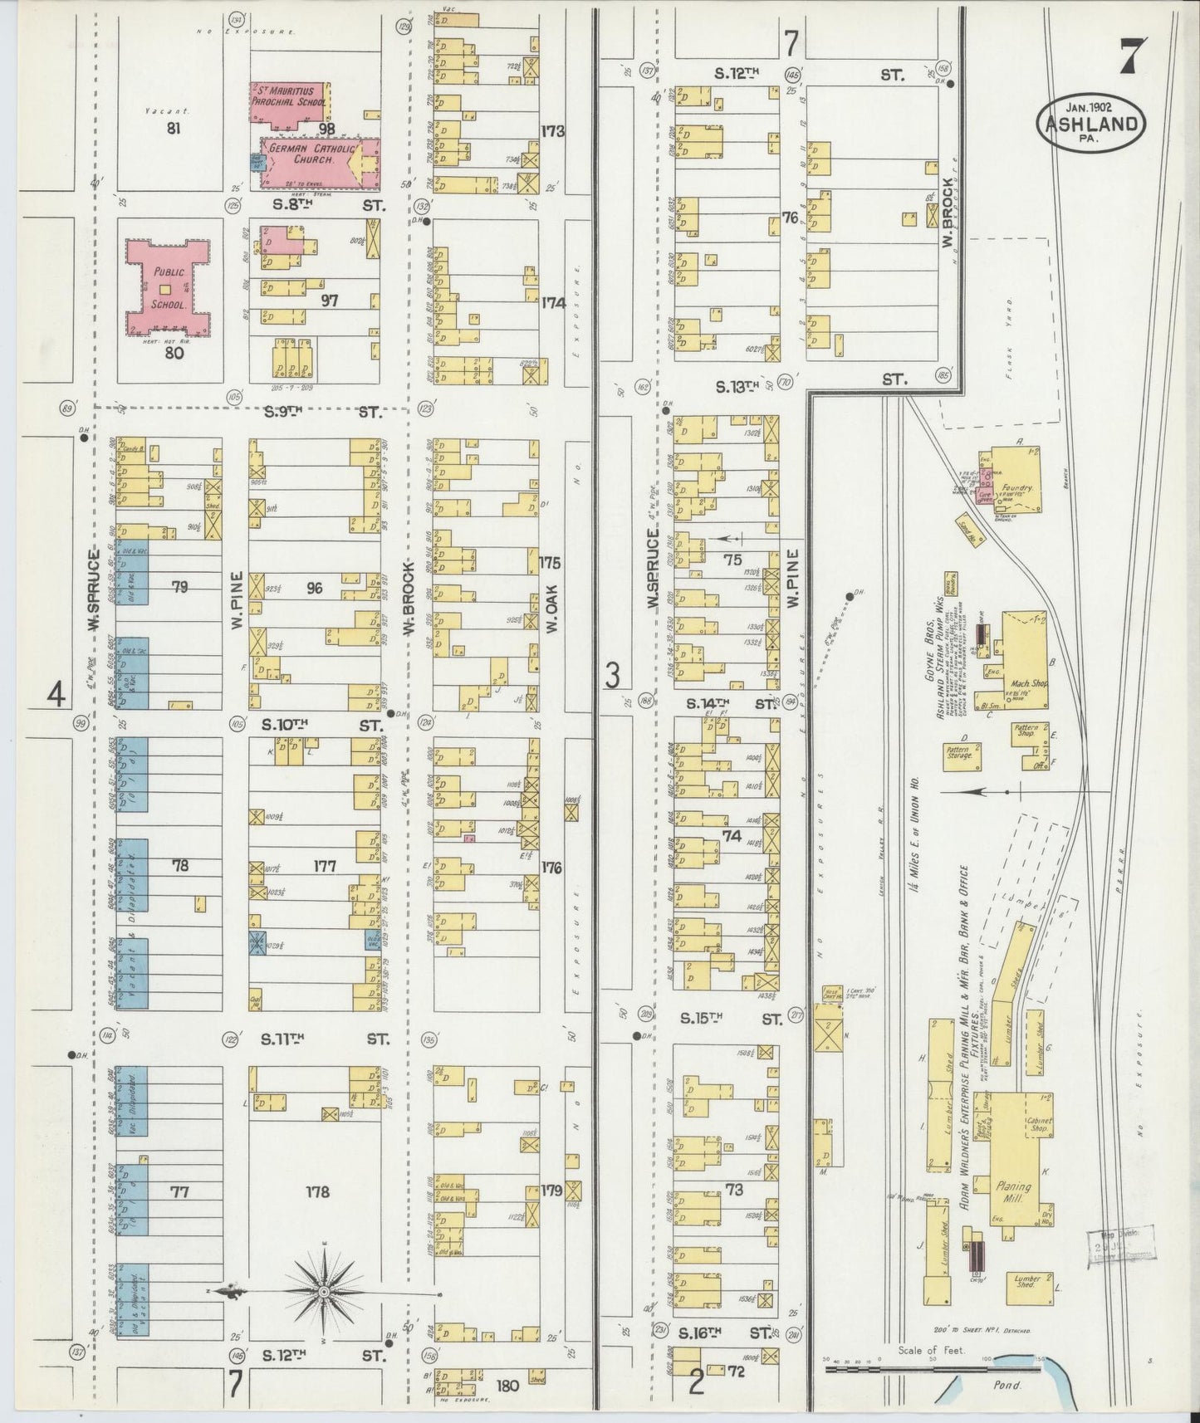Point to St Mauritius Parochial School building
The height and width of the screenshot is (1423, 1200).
pos(291,101)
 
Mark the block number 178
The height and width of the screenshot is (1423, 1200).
pos(316,1192)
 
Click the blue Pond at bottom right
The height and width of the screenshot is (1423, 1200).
pos(1030,1371)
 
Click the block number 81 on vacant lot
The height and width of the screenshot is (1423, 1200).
pos(173,127)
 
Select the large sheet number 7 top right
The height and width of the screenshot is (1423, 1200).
pos(1129,57)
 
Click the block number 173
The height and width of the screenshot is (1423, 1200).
pos(552,130)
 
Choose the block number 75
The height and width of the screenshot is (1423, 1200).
pos(732,560)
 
